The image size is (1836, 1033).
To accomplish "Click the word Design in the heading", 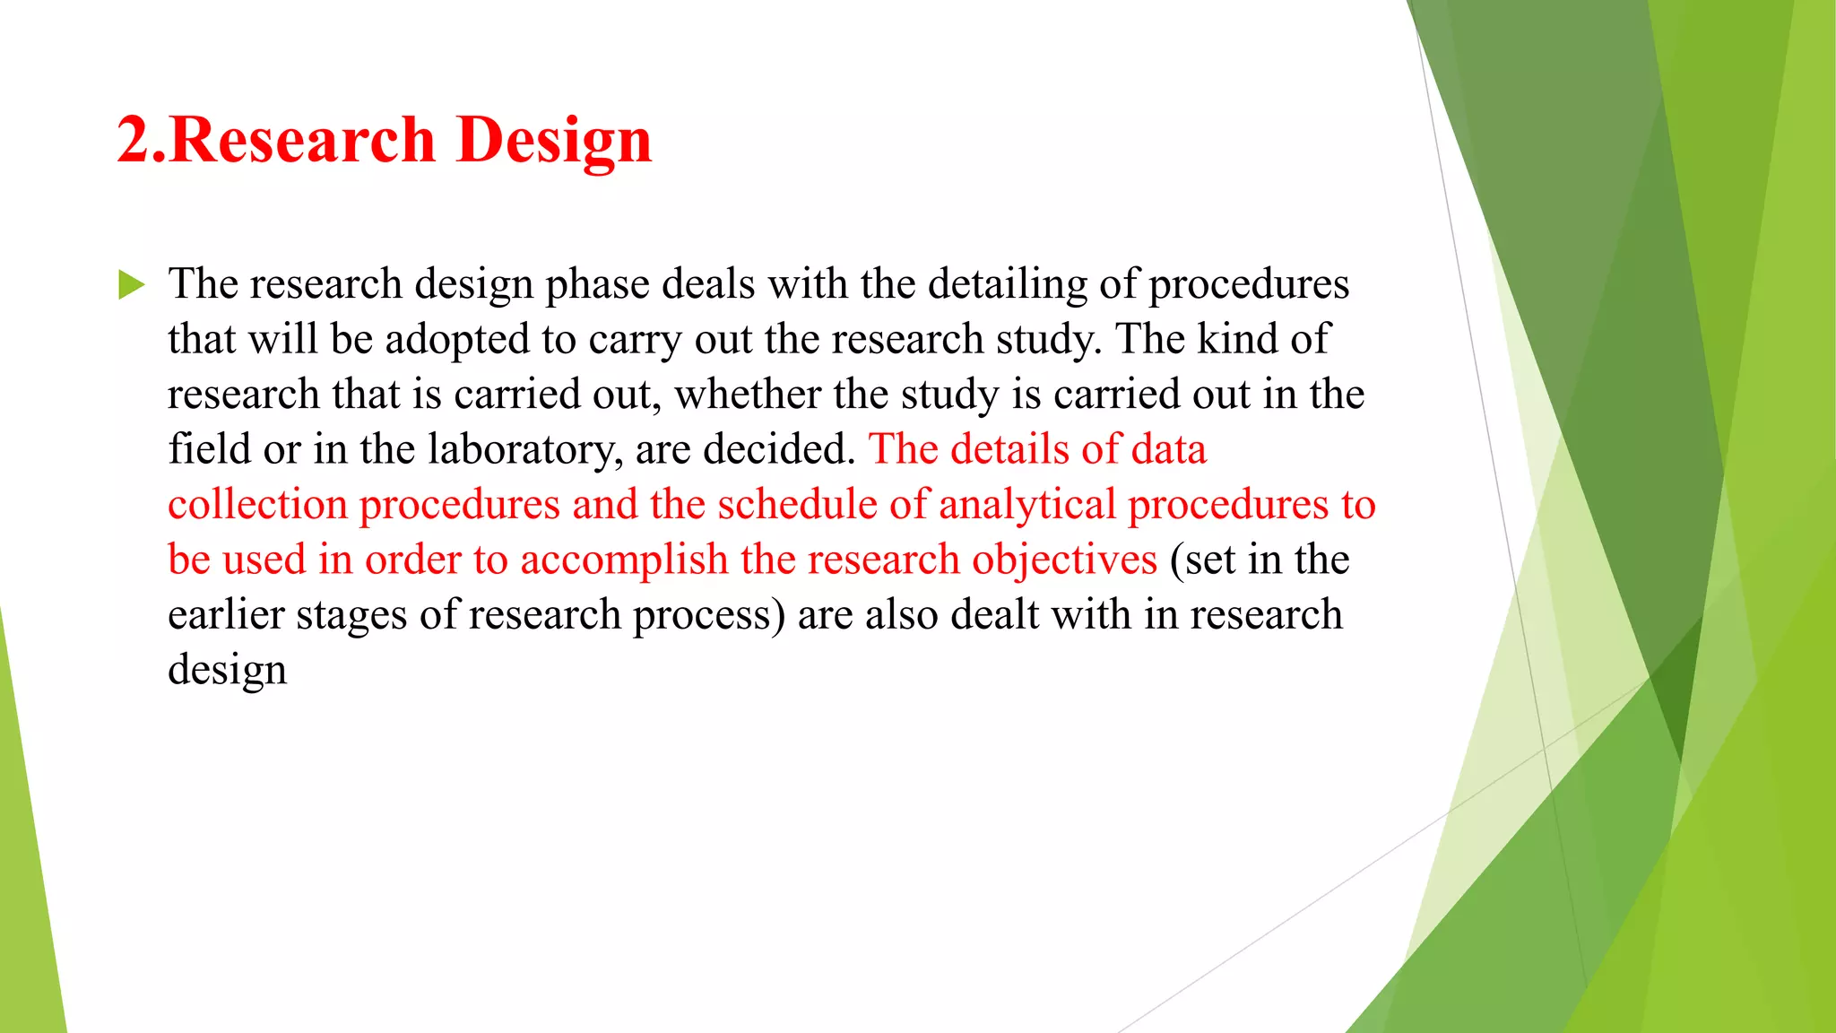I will [x=553, y=141].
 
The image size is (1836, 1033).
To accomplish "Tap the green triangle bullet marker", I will [x=131, y=285].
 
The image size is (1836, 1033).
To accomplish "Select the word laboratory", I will [x=524, y=450].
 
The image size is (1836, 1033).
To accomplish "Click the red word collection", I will [x=257, y=505].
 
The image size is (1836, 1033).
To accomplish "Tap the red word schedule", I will [x=797, y=505].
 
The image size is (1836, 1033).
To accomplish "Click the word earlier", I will [x=225, y=615].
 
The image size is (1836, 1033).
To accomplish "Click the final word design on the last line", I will [x=227, y=671].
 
